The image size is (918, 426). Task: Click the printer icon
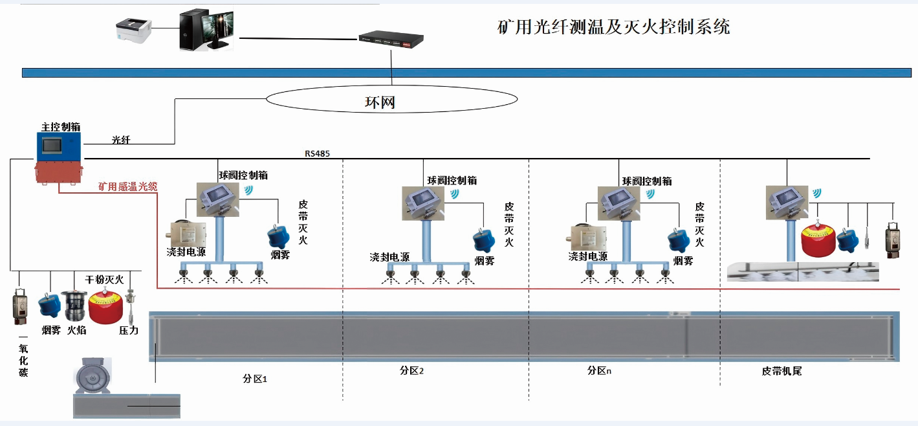[x=133, y=30]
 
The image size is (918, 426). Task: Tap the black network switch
[x=391, y=40]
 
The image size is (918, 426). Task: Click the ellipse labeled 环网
[x=391, y=100]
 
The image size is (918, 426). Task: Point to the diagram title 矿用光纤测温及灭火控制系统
[x=613, y=27]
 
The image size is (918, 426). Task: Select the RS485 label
[x=318, y=154]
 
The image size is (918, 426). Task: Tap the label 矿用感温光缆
[x=127, y=187]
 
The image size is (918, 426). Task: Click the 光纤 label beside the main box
[x=121, y=140]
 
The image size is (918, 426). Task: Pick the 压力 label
[x=129, y=330]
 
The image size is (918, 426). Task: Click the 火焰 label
[x=76, y=330]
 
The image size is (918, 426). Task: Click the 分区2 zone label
[x=411, y=371]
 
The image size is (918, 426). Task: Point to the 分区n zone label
[x=599, y=371]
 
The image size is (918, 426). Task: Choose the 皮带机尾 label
[x=781, y=372]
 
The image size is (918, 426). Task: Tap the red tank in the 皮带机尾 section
[x=818, y=240]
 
